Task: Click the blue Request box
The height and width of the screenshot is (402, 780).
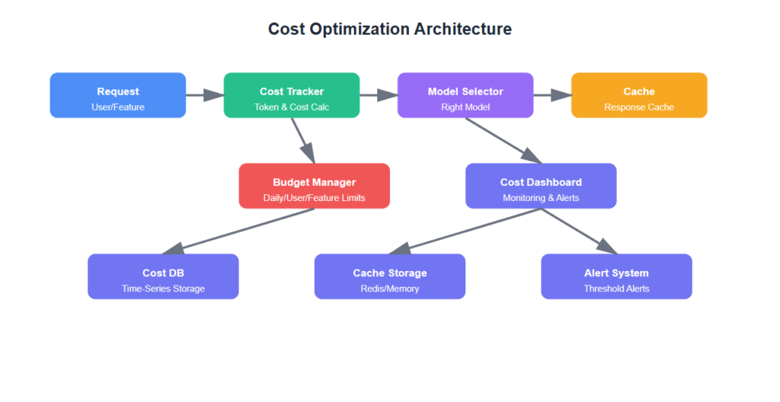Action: tap(117, 95)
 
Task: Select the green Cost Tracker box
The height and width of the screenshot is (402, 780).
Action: tap(291, 95)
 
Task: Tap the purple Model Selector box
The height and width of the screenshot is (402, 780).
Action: tap(465, 95)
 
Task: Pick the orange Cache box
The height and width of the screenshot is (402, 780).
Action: tap(638, 95)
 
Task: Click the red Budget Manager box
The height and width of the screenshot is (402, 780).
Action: tap(314, 186)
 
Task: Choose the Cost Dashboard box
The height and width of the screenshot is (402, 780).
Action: tap(541, 186)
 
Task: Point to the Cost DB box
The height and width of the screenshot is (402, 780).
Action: tap(163, 276)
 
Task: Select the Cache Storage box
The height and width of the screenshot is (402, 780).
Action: tap(389, 276)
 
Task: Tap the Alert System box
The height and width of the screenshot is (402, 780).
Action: tap(616, 276)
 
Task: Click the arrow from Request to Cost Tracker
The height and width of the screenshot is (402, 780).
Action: tap(204, 95)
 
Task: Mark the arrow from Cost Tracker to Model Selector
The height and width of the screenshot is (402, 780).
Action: tap(378, 95)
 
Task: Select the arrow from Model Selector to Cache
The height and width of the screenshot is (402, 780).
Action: tap(551, 95)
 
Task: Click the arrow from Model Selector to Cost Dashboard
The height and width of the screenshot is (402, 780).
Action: tap(503, 141)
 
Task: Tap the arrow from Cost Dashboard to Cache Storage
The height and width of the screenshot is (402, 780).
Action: tap(465, 231)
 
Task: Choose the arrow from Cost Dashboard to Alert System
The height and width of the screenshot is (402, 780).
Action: tap(579, 231)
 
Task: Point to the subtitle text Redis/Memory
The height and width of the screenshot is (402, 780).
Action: tap(389, 289)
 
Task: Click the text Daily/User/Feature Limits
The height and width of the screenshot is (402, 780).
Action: tap(314, 198)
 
